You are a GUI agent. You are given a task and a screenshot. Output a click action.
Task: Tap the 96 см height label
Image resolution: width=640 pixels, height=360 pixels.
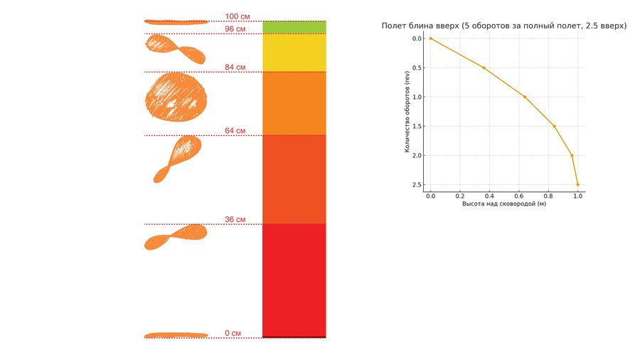point(235,29)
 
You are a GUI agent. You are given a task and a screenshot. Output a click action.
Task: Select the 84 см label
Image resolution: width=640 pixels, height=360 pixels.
point(235,68)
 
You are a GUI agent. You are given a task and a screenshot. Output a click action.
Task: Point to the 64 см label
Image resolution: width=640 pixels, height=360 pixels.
point(235,131)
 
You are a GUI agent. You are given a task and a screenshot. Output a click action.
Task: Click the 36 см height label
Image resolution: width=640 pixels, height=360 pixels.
point(235,220)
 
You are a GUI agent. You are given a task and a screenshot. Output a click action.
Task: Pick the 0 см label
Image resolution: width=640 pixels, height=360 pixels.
point(233,333)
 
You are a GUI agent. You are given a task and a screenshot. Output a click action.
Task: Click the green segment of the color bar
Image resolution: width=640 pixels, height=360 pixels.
point(294,27)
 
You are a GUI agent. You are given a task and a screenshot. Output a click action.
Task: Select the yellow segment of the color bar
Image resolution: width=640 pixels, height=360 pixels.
point(294,53)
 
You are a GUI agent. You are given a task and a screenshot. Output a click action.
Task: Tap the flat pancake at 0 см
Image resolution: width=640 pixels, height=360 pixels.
point(176,334)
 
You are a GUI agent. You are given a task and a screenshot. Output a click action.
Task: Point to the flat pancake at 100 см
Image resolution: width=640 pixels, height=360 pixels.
point(176,21)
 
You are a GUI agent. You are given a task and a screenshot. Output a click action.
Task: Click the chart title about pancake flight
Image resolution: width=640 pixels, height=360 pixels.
point(504,26)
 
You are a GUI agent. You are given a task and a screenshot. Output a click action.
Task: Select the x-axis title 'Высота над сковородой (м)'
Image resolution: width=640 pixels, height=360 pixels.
point(504,204)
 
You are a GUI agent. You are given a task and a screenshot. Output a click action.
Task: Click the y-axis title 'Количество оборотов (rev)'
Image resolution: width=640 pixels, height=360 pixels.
point(408,111)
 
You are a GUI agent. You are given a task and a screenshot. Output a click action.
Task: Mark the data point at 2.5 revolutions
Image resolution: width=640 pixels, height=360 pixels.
point(577,184)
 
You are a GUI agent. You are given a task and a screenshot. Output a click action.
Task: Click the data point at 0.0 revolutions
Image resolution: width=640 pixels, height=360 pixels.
point(430,38)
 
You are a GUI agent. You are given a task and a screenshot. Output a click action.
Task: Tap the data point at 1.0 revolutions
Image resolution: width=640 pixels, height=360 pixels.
point(525,97)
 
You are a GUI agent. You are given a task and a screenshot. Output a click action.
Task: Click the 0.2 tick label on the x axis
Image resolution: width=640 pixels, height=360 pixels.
point(460,195)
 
